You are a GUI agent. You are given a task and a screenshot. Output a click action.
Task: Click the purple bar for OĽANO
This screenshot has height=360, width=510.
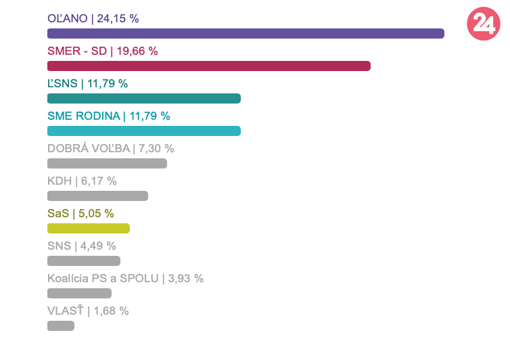pos(246,34)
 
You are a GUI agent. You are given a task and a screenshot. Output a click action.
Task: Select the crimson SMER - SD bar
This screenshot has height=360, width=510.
pos(209,66)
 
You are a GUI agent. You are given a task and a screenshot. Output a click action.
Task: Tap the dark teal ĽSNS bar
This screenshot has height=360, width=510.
pos(144,99)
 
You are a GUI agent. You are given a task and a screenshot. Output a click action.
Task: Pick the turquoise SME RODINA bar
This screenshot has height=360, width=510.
pos(144,131)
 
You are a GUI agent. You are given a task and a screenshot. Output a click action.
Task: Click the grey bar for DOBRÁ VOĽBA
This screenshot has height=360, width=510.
pos(107,163)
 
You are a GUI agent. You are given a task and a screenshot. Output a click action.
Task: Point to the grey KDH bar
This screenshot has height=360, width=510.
pos(97,196)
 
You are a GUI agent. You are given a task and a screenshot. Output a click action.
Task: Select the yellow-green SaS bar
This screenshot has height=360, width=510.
pos(89,229)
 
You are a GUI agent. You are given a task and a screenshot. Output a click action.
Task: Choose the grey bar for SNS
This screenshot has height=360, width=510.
pos(84,261)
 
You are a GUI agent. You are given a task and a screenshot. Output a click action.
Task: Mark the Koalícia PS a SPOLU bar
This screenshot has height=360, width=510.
pos(79,294)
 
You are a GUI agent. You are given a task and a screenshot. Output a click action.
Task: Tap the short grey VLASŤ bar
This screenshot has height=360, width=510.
pos(61,326)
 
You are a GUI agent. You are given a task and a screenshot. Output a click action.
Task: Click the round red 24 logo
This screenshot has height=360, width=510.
pos(484,24)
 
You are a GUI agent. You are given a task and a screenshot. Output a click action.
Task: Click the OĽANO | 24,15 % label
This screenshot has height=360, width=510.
pos(93,19)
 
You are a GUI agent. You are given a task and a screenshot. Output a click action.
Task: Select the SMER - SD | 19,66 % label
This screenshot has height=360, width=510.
pos(103,51)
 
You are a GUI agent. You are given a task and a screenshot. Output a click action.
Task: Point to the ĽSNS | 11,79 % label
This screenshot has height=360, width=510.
pos(87,84)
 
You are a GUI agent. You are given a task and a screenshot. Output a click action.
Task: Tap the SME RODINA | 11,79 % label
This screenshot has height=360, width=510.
pos(109,116)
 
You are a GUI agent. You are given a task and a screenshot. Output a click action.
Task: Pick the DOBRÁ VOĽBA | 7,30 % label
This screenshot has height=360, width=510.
pos(111,149)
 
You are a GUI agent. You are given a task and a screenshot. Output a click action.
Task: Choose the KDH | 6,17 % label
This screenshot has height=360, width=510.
pos(82,181)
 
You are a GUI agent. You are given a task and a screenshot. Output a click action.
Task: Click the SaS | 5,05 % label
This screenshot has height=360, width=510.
pos(80,214)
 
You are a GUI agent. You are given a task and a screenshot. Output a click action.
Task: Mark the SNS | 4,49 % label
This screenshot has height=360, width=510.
pos(82,246)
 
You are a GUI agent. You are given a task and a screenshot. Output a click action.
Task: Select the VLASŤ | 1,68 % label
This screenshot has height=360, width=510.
pos(88,311)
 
